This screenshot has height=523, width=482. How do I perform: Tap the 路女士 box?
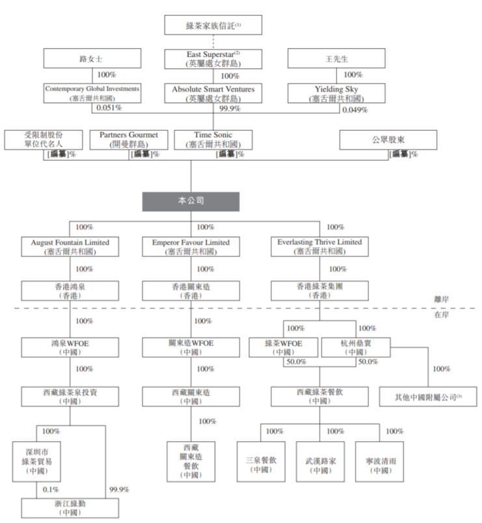click(92, 59)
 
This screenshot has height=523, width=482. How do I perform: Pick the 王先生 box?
click(333, 59)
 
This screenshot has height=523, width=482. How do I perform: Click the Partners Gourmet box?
click(129, 140)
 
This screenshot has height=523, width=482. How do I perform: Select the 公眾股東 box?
click(388, 139)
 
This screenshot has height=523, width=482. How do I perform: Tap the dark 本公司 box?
click(191, 202)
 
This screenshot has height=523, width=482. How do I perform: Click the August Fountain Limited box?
click(70, 247)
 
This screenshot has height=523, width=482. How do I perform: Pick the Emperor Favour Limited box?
click(191, 247)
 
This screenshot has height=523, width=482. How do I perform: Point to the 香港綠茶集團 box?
click(319, 290)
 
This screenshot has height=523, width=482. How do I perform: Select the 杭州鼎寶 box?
click(355, 347)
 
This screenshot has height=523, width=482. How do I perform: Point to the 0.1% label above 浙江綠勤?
click(51, 489)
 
